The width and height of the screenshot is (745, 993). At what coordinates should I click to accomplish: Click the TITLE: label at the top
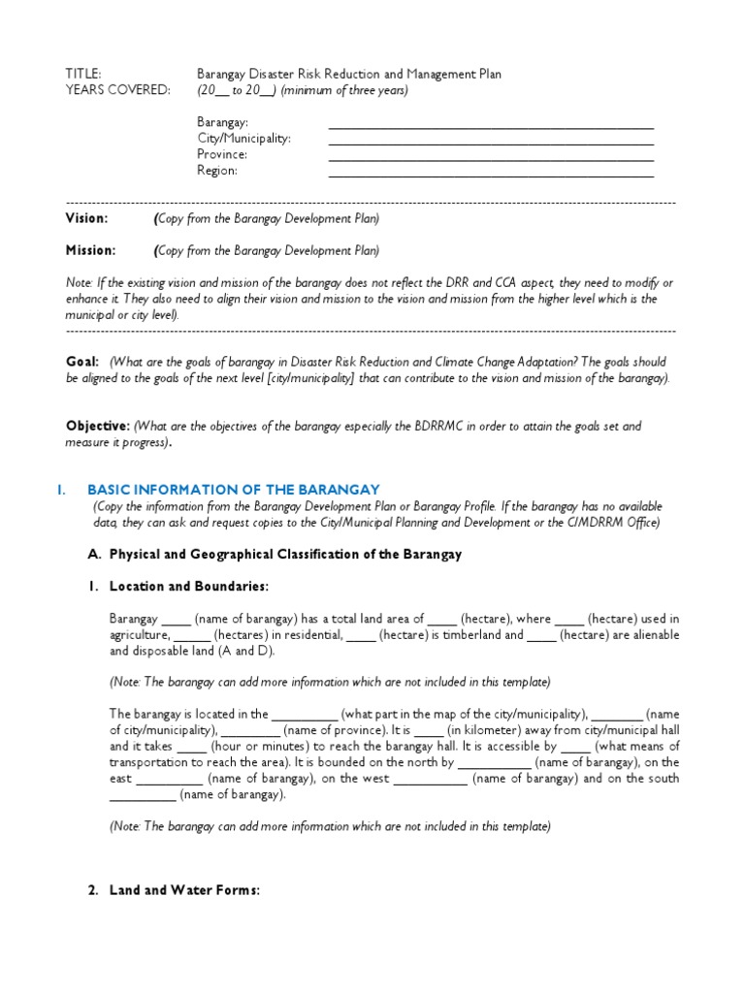(82, 74)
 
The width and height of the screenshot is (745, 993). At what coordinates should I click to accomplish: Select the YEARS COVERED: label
(117, 90)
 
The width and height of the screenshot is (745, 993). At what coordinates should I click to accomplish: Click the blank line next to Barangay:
(491, 126)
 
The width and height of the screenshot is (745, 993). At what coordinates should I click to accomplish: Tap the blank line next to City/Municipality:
(491, 143)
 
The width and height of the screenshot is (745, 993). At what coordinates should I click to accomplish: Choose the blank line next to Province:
(491, 159)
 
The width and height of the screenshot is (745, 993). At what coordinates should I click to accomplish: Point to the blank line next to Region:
(491, 176)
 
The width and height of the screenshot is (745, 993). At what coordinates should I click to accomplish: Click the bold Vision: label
(86, 219)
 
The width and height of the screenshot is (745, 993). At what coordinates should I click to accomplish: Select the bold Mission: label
(90, 250)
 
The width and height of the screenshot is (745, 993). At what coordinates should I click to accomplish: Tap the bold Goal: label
(82, 361)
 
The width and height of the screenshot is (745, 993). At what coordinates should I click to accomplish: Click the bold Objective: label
(97, 426)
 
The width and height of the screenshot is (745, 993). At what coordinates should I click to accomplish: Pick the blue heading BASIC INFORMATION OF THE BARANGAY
(233, 490)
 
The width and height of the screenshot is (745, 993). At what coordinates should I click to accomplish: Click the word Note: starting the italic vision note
(80, 282)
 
